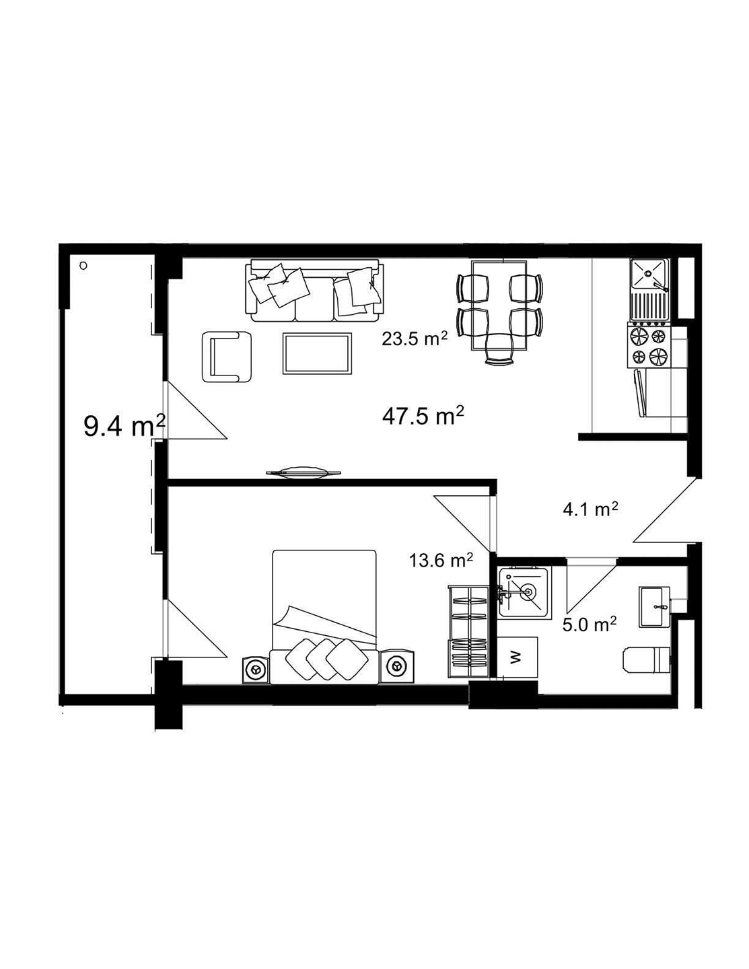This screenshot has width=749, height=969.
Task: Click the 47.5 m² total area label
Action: [423, 417]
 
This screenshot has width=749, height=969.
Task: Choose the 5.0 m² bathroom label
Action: [590, 624]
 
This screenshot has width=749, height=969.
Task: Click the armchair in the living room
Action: [226, 356]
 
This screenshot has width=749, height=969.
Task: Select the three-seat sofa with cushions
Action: [314, 291]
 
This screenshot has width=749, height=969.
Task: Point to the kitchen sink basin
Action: [648, 274]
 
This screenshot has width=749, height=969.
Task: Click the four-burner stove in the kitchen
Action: [648, 345]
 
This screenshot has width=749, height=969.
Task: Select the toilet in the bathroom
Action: [647, 659]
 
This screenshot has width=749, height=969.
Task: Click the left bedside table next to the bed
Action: [256, 669]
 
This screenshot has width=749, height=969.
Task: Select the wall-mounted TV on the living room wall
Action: [302, 473]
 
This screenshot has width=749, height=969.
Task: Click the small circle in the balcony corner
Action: [83, 266]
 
